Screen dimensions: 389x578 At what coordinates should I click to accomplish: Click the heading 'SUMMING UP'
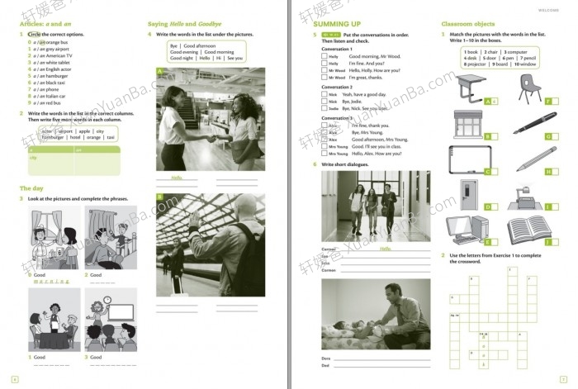pos(339,24)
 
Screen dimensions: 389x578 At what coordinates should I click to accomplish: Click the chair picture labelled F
pos(528,85)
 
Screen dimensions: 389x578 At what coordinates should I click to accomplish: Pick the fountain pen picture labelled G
pos(529,125)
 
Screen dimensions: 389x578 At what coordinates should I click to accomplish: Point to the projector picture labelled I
pos(528,196)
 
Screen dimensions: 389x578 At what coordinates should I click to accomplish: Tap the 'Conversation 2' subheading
pos(336,87)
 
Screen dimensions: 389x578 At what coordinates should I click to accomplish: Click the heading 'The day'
pos(31,188)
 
